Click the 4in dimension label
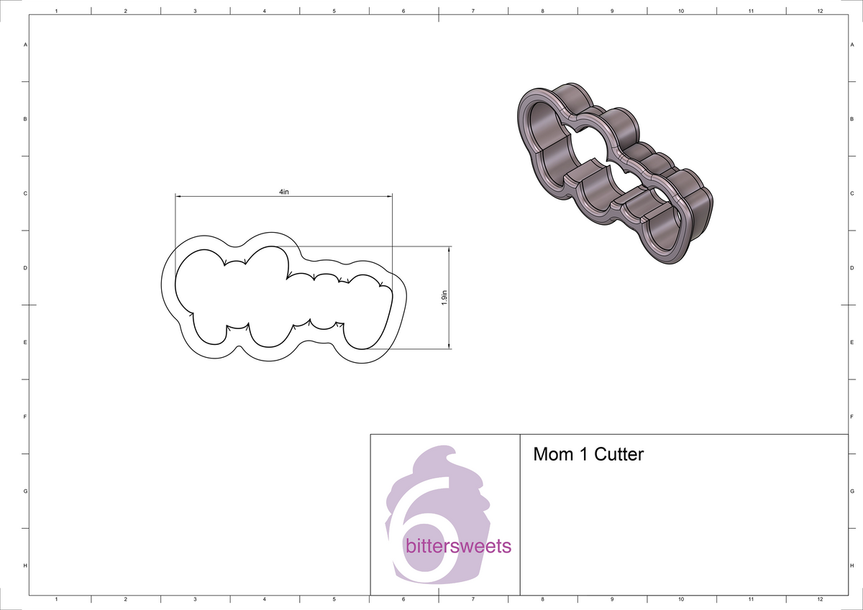coord(283,192)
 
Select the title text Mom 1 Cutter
coord(588,455)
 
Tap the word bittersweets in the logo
coord(458,547)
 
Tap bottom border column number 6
coord(403,599)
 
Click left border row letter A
coord(26,45)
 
